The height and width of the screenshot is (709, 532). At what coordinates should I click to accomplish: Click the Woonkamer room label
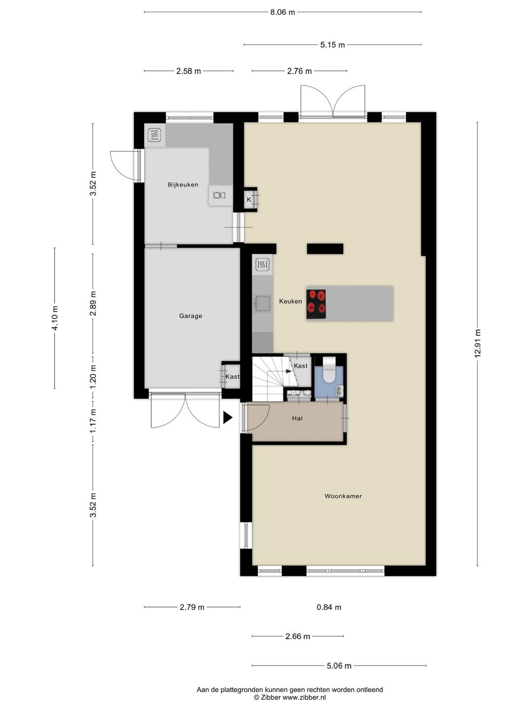343,496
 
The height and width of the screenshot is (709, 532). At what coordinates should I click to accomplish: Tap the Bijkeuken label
183,185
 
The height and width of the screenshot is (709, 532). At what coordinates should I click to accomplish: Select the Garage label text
191,316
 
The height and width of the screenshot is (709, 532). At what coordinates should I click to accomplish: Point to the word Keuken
291,301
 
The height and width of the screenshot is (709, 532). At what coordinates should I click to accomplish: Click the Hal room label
297,419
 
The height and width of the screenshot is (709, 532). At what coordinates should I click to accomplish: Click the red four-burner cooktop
316,304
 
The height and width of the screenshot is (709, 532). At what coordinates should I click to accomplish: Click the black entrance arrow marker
228,418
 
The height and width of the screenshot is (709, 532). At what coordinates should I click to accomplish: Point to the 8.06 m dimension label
283,12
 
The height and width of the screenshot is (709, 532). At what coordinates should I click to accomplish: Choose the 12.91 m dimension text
478,343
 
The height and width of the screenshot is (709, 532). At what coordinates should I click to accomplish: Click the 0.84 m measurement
329,607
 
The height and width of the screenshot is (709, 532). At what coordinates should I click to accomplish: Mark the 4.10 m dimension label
55,318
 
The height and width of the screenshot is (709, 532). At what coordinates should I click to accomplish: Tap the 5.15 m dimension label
332,45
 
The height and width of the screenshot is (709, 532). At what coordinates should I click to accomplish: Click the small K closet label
249,199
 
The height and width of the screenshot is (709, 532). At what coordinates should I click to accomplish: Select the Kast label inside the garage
233,376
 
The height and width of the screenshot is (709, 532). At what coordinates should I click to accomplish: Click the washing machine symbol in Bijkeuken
219,195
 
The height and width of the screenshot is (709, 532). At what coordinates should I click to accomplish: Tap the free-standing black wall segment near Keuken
325,249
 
